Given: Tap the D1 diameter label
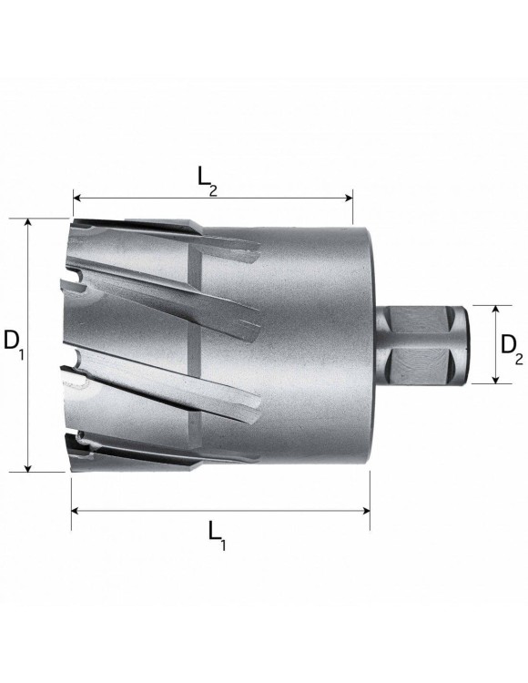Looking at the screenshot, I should (x=12, y=342).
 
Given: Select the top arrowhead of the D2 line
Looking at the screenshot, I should (x=495, y=311).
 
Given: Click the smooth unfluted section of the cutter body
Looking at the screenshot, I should (x=319, y=346).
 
